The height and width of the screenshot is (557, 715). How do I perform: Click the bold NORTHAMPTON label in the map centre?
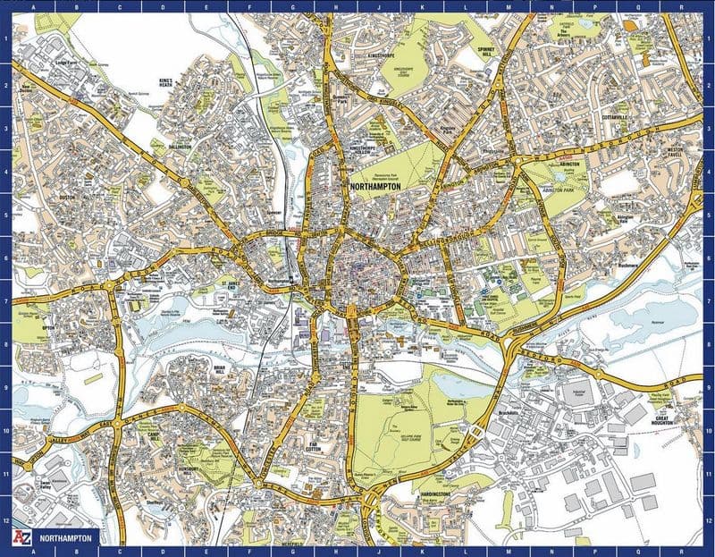tap(374, 186)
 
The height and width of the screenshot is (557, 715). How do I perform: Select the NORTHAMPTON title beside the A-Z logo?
tap(68, 540)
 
